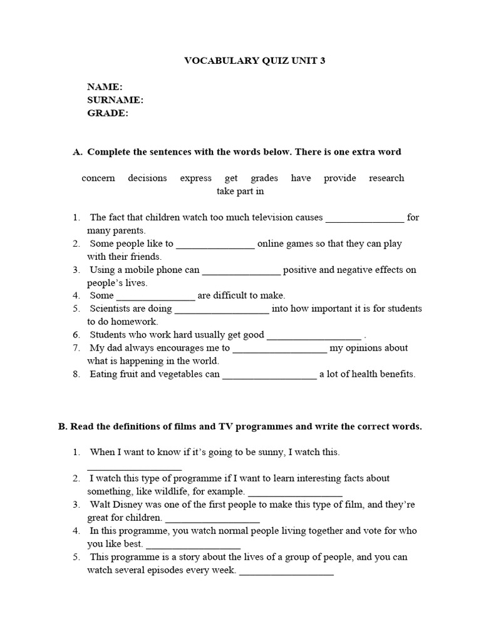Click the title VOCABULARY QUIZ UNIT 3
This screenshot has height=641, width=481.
coord(254,61)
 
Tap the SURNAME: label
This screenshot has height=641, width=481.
coord(116,100)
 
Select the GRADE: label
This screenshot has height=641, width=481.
coord(108,113)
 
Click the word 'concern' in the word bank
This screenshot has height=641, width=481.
coord(98,178)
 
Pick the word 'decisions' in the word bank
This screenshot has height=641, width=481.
coord(147,178)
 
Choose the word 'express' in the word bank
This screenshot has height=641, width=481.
coord(195,178)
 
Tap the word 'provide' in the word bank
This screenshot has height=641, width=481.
coord(339,178)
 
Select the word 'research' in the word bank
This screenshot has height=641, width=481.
coord(386,178)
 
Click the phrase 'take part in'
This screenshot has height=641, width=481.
coord(240,192)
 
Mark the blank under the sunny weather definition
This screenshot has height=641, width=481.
coord(134,467)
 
